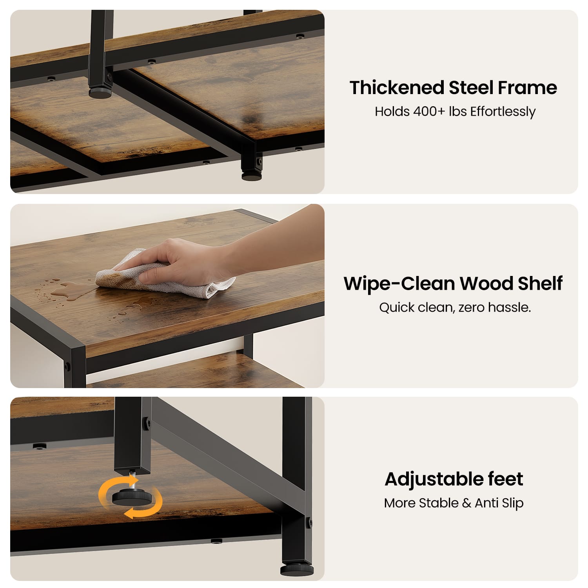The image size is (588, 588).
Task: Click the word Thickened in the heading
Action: click(x=397, y=87)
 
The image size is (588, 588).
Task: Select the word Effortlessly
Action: click(x=503, y=112)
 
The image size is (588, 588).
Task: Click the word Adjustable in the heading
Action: click(x=433, y=479)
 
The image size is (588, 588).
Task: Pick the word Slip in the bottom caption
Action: click(x=512, y=503)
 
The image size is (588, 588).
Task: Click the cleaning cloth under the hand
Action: click(x=165, y=276)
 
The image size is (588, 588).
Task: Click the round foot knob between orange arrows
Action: click(x=132, y=497)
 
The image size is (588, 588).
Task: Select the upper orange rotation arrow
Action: click(x=112, y=486)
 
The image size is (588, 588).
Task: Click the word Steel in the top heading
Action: click(x=471, y=87)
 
